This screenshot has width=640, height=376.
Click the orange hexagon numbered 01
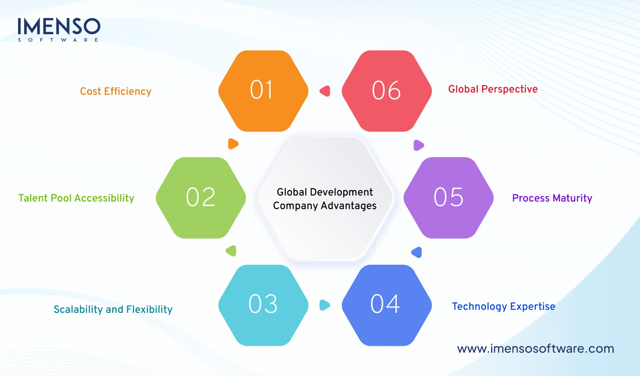pos(263,91)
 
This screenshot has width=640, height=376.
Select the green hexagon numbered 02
pos(201,198)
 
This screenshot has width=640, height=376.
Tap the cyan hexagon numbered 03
pos(263,305)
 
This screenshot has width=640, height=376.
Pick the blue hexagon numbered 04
pos(387,305)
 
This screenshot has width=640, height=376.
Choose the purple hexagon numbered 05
pos(448,198)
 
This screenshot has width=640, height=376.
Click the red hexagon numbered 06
pos(387,91)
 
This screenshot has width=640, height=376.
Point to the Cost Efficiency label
pos(116,91)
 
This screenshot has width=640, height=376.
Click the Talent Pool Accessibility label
pos(76,198)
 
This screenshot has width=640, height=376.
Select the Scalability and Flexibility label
pos(113,309)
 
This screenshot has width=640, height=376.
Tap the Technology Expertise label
pos(503,306)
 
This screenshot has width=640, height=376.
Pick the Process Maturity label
pos(552,198)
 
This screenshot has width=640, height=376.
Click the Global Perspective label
pos(493,89)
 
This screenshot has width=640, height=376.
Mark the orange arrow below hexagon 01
pos(233,144)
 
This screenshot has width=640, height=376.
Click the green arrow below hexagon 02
pos(231,251)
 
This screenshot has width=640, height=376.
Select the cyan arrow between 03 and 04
pos(324,305)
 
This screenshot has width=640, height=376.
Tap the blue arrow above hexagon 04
pos(417,252)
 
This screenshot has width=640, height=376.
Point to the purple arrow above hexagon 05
pos(418,145)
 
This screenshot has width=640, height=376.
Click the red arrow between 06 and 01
pos(325,91)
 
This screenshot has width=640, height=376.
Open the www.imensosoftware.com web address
pos(535,349)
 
